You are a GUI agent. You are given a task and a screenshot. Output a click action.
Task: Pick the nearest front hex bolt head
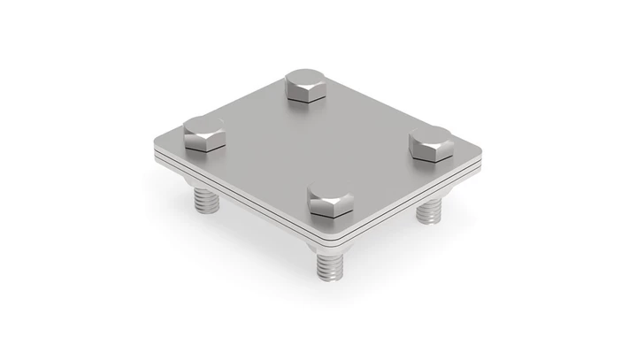coord(329,200)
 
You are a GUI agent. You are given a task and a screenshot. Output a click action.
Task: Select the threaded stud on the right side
coord(429,210)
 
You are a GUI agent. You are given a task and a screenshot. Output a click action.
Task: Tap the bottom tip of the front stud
coord(327,279)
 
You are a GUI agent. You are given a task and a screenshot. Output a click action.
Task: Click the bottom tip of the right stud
coord(429,221)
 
